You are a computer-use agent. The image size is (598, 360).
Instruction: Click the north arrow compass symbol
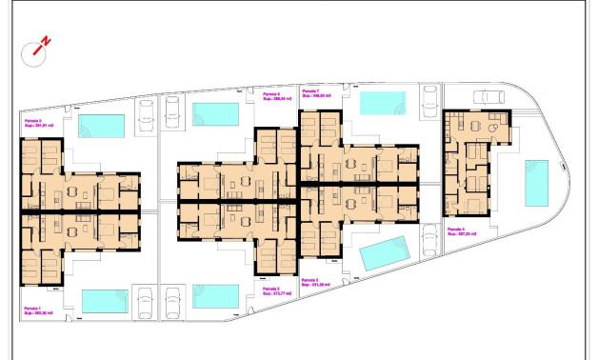tap(39, 46)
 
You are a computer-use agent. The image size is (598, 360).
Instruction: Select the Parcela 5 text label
tap(35, 122)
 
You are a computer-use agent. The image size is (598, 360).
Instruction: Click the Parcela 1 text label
tap(34, 308)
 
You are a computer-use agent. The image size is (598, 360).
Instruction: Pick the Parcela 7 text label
tap(314, 90)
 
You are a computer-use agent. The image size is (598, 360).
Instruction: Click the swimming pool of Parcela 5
tap(101, 126)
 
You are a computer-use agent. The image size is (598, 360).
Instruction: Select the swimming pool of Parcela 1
tap(105, 301)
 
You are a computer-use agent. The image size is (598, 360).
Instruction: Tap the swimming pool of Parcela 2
tap(215, 296)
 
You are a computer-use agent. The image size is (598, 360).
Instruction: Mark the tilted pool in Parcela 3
tap(386, 253)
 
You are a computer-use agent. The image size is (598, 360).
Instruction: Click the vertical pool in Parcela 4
tap(535, 183)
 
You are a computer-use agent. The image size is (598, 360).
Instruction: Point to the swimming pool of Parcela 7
tap(383, 102)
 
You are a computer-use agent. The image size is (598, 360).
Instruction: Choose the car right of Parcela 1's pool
tap(145, 304)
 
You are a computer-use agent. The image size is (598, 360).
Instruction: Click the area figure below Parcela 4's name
tap(462, 234)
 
